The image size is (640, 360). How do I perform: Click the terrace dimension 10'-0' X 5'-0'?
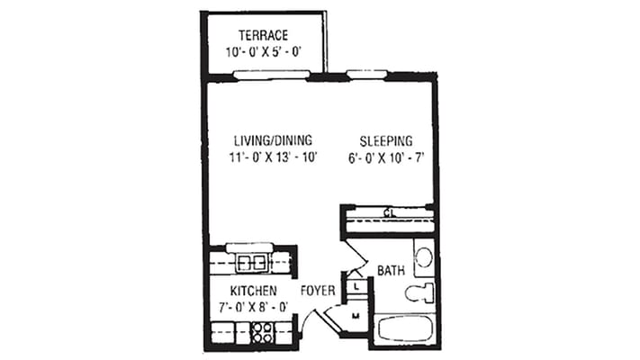[263, 52]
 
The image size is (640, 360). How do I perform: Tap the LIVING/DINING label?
[273, 140]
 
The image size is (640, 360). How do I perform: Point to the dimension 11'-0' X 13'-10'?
[274, 157]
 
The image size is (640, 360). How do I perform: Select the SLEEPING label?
[385, 140]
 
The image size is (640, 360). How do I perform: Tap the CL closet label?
[389, 213]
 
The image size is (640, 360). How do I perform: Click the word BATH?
[390, 270]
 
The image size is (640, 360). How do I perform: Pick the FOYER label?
[318, 291]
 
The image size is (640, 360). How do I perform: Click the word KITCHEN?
[252, 291]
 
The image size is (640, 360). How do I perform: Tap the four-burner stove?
[263, 333]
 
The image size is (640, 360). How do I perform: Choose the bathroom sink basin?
[423, 257]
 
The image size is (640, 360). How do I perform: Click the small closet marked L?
[356, 286]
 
